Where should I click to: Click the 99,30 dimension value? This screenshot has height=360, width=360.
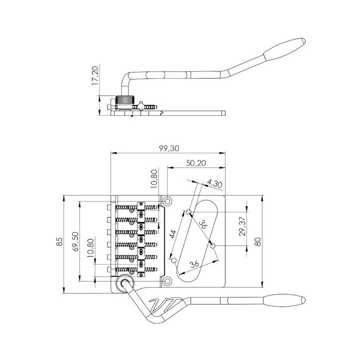169,148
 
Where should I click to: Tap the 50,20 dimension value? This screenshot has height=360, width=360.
196,163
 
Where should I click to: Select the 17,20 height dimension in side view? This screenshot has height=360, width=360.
95,76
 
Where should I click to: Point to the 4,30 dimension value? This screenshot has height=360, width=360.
214,184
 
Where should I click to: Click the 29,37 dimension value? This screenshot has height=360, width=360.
242,226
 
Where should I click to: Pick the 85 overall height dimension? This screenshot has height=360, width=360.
59,241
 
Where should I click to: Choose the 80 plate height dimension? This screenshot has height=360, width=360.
258,241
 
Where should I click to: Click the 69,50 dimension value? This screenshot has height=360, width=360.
75,241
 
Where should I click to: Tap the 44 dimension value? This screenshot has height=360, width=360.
173,234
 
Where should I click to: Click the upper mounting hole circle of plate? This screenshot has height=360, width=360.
167,201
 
